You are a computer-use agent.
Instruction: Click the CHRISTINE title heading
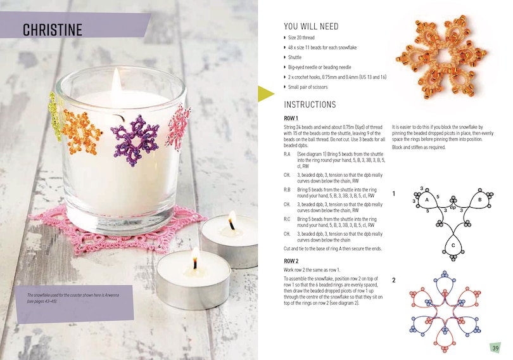point(53,30)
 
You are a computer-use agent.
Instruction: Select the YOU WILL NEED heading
point(311,27)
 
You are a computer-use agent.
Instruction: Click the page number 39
point(495,348)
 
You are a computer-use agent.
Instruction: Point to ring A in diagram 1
point(427,200)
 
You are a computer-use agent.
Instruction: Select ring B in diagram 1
point(481,200)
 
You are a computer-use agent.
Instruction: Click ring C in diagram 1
point(453,245)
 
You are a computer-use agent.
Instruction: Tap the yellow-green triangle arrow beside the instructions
point(265,94)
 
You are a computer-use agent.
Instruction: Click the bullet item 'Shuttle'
point(294,56)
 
